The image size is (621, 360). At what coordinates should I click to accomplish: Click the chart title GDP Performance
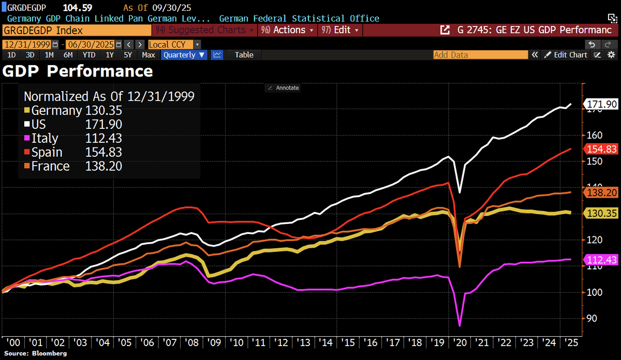tap(78, 71)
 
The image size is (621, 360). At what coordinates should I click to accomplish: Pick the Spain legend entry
tap(47, 152)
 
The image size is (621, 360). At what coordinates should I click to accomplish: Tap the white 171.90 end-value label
tap(601, 104)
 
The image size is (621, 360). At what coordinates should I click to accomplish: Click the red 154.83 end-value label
tap(601, 149)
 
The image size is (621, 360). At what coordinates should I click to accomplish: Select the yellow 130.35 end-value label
tap(601, 213)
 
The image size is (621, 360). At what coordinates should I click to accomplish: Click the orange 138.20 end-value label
tap(601, 192)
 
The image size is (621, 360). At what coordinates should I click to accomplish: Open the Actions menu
tap(289, 30)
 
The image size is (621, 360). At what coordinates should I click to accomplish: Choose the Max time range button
tap(149, 54)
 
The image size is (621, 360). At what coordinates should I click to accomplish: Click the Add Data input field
tap(480, 54)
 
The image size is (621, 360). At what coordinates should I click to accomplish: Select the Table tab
tap(244, 54)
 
